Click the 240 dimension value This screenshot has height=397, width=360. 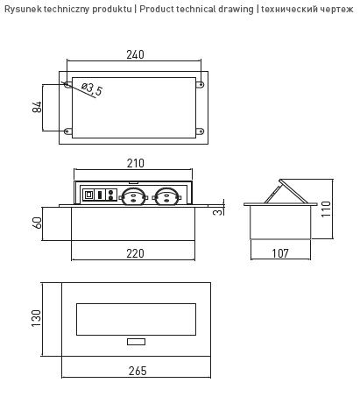point(135,54)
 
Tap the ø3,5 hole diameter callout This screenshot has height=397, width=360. point(92,89)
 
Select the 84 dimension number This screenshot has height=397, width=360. point(37,107)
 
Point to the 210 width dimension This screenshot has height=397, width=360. point(136,163)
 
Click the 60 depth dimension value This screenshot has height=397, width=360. point(38,223)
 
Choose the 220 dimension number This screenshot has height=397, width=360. point(135,253)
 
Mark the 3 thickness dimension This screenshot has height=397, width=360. point(218,212)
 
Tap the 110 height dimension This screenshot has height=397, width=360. point(326,209)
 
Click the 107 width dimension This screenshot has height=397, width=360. point(280,253)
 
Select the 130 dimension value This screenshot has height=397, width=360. point(36,318)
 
